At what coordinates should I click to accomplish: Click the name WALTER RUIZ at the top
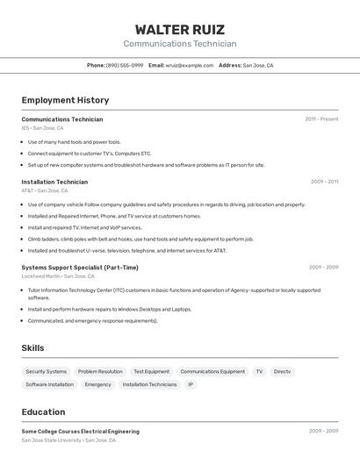[179, 30]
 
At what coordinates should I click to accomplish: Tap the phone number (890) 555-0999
[125, 65]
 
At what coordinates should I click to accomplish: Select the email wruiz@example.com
[190, 65]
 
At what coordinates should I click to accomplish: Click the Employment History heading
[65, 100]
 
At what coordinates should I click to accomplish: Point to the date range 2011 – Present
[321, 118]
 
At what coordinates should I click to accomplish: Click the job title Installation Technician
[54, 182]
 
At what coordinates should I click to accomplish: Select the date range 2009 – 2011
[324, 182]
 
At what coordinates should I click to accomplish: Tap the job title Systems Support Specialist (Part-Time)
[80, 267]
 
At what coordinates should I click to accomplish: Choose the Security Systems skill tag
[46, 371]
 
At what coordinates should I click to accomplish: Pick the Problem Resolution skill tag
[100, 371]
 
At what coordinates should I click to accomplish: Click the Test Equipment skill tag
[151, 371]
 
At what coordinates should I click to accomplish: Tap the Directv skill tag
[282, 371]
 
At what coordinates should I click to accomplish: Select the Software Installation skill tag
[49, 384]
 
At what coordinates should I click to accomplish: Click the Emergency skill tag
[97, 384]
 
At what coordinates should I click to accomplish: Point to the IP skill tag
[190, 384]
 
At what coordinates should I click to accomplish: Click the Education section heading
[43, 411]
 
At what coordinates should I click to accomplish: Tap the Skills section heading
[32, 347]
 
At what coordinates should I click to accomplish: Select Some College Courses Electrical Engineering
[80, 431]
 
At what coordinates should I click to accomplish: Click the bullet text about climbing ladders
[140, 239]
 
